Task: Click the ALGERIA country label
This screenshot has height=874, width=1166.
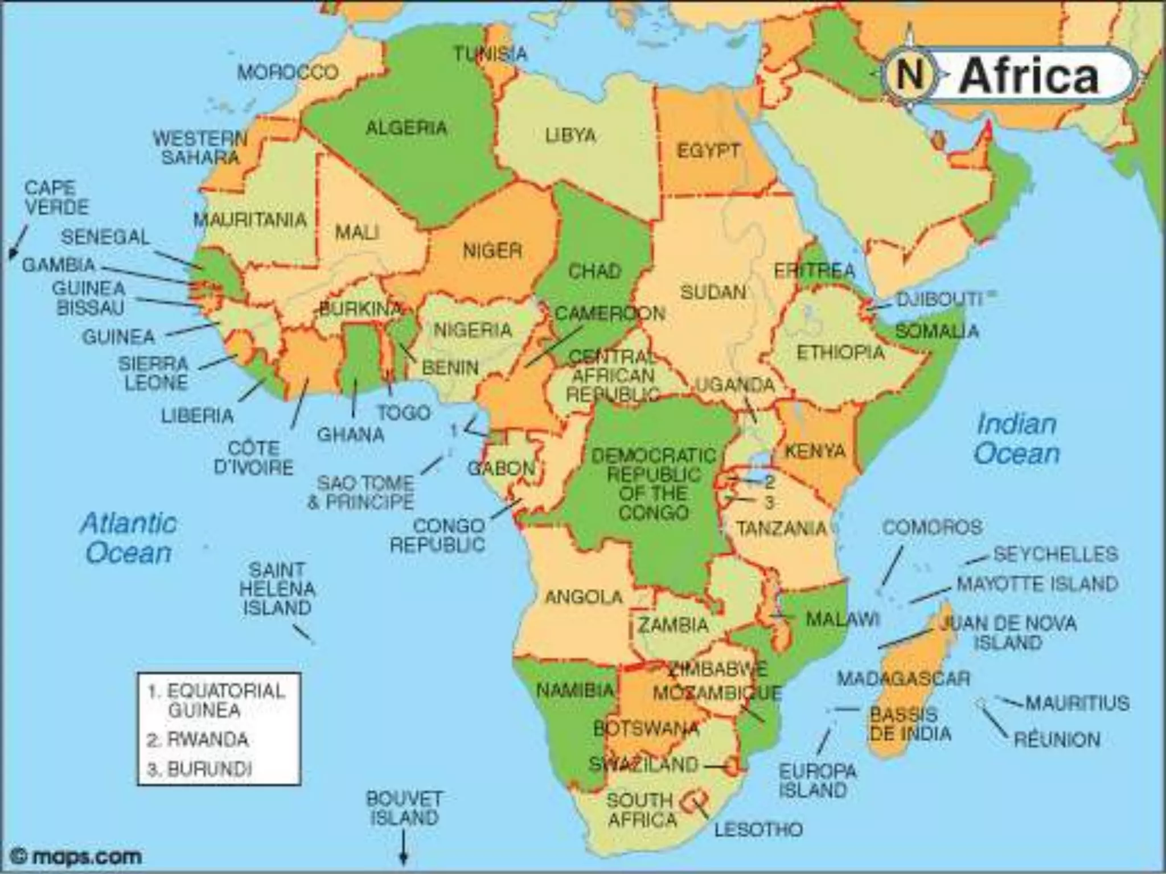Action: pyautogui.click(x=406, y=128)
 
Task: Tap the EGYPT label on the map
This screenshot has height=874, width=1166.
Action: pyautogui.click(x=708, y=151)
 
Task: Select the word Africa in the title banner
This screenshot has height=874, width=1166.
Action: pyautogui.click(x=1029, y=77)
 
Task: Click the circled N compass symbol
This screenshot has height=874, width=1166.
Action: pyautogui.click(x=909, y=75)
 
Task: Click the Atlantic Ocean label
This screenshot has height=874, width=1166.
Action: pyautogui.click(x=128, y=538)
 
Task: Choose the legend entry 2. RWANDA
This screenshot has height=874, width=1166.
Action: pyautogui.click(x=198, y=740)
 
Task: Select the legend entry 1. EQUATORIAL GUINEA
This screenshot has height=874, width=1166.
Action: pyautogui.click(x=216, y=700)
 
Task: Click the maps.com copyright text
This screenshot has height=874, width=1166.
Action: pyautogui.click(x=77, y=856)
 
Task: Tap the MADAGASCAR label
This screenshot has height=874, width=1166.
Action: pyautogui.click(x=903, y=678)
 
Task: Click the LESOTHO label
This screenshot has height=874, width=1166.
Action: pyautogui.click(x=758, y=830)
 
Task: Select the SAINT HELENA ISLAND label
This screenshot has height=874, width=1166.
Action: pyautogui.click(x=277, y=589)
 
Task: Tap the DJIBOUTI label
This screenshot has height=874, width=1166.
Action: pyautogui.click(x=939, y=299)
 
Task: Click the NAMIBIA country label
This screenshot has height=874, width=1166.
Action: pyautogui.click(x=575, y=691)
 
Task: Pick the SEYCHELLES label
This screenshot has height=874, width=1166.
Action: pyautogui.click(x=1055, y=554)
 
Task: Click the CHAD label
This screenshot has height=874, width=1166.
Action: pyautogui.click(x=594, y=271)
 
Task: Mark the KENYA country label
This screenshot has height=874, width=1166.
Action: pyautogui.click(x=815, y=451)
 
